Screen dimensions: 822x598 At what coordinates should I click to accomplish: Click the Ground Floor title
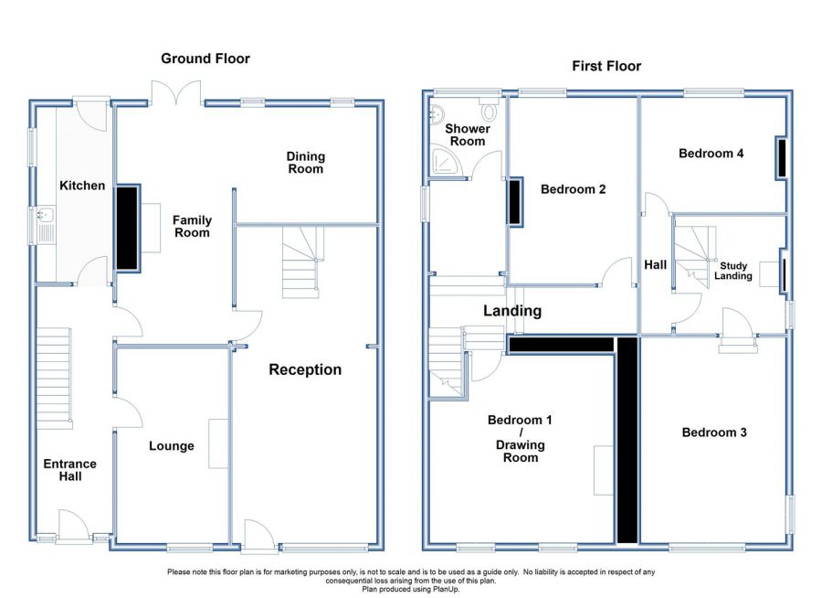(x=205, y=59)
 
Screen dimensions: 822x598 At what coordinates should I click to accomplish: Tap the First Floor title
(x=606, y=66)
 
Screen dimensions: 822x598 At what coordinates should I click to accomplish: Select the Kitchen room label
(x=82, y=186)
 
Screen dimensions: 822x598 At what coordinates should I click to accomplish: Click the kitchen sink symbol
(x=45, y=225)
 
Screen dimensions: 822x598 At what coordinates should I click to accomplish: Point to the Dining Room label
(x=306, y=163)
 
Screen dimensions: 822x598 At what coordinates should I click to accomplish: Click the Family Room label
(x=192, y=226)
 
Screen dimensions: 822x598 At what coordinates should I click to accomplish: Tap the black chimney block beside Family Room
(x=127, y=228)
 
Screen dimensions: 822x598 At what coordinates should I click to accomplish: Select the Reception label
(x=305, y=369)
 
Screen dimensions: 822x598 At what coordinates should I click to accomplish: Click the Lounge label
(x=172, y=445)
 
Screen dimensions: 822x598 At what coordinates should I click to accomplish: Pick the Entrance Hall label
(x=69, y=470)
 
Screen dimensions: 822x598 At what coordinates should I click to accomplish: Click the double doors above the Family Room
(x=176, y=93)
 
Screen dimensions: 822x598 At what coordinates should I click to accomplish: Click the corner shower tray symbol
(x=445, y=160)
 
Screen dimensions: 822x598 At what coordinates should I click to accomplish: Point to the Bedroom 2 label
(x=573, y=189)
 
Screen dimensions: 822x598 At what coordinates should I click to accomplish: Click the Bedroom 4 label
(x=711, y=154)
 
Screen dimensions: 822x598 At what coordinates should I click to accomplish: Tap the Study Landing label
(x=732, y=271)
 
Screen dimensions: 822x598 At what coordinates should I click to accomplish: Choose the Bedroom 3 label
(x=714, y=432)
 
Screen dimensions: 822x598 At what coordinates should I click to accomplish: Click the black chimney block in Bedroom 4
(x=782, y=158)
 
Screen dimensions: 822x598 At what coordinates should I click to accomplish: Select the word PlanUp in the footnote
(x=446, y=589)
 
